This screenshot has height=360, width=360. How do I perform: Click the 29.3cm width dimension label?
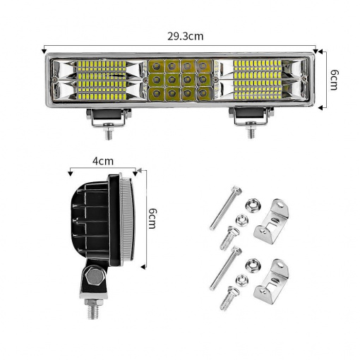(x=185, y=36)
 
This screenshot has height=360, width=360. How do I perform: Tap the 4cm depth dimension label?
(x=103, y=161)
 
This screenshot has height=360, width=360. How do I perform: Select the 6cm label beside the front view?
(x=333, y=80)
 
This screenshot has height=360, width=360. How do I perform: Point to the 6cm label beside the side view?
(x=152, y=218)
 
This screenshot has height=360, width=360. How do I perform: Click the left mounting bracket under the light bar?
(x=109, y=123)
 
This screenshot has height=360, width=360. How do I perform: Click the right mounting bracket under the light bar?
(x=251, y=122)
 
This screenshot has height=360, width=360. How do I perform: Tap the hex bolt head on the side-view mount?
(x=95, y=277)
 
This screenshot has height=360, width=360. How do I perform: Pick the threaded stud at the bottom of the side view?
(x=92, y=309)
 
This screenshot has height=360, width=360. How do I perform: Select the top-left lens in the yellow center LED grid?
(x=156, y=66)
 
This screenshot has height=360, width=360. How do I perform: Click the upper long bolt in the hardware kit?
(x=225, y=208)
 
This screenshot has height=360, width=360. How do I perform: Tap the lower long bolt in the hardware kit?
(x=225, y=268)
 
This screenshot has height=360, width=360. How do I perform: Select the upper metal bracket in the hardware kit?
(x=272, y=221)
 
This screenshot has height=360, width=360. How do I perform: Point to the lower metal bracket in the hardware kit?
(x=272, y=281)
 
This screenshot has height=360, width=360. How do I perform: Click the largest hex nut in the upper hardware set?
(x=253, y=205)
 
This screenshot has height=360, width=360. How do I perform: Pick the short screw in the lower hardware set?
(x=229, y=298)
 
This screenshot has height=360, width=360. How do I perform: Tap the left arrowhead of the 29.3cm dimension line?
(x=44, y=50)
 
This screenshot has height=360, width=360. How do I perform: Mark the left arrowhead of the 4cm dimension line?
(x=70, y=174)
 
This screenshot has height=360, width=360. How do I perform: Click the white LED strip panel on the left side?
(x=102, y=80)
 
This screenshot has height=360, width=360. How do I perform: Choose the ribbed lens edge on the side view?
(x=128, y=222)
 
